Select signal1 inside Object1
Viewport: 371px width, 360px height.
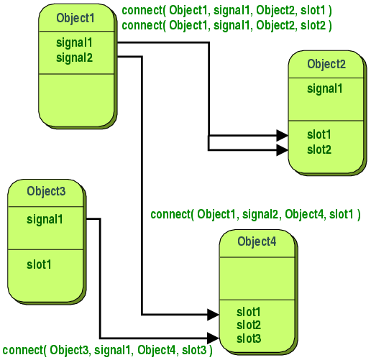[x=74, y=42]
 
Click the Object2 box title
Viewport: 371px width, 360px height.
[x=326, y=64]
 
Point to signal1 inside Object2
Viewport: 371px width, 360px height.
[x=325, y=89]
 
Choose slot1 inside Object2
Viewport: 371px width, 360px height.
[x=319, y=135]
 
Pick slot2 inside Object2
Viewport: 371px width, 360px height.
[x=319, y=149]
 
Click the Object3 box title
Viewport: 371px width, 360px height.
[x=46, y=191]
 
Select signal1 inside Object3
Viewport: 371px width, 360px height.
[x=45, y=218]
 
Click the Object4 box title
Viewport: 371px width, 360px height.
[x=257, y=241]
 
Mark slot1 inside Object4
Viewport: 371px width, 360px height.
[x=249, y=313]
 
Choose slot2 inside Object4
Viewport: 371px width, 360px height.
[x=249, y=325]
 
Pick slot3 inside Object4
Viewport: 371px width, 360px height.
[x=249, y=338]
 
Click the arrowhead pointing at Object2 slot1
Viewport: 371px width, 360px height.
[x=283, y=135]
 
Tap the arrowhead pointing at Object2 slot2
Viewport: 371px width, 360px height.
[x=283, y=149]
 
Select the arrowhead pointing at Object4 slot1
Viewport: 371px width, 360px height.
[x=213, y=313]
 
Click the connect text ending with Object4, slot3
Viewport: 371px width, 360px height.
[x=107, y=351]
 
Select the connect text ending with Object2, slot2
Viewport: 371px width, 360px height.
[x=227, y=25]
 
